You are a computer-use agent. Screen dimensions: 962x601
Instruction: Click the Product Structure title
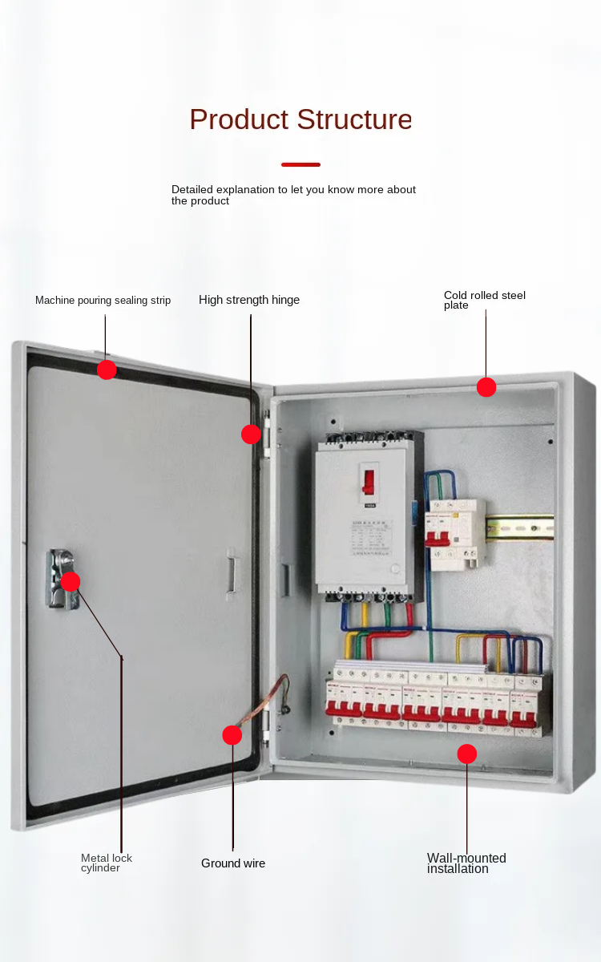[300, 119]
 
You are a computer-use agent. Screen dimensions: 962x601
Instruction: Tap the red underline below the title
[300, 164]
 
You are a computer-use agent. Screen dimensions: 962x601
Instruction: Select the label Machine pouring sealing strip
[103, 301]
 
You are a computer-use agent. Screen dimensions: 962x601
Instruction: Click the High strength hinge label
[249, 300]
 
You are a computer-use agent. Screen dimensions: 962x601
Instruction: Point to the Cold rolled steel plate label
[484, 300]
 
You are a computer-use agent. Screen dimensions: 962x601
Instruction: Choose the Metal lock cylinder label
[106, 863]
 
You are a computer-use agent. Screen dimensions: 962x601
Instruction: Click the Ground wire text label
[232, 863]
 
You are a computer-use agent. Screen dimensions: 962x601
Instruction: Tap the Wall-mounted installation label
[466, 863]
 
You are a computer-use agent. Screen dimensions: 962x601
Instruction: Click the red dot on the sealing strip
[107, 370]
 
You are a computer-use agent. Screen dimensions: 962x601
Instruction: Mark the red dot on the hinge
[251, 435]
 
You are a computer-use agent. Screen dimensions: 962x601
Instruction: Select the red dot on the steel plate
[486, 387]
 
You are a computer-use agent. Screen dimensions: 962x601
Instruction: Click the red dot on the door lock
[71, 581]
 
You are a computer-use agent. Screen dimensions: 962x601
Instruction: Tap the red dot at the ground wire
[232, 735]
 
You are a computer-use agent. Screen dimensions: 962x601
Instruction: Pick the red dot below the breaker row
[467, 754]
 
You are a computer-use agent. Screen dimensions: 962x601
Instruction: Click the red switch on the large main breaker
[369, 481]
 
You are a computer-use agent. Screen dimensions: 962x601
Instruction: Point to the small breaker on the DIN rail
[454, 534]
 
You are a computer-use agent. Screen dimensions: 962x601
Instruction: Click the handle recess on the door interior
[231, 573]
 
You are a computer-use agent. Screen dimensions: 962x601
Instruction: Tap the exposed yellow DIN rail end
[521, 527]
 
